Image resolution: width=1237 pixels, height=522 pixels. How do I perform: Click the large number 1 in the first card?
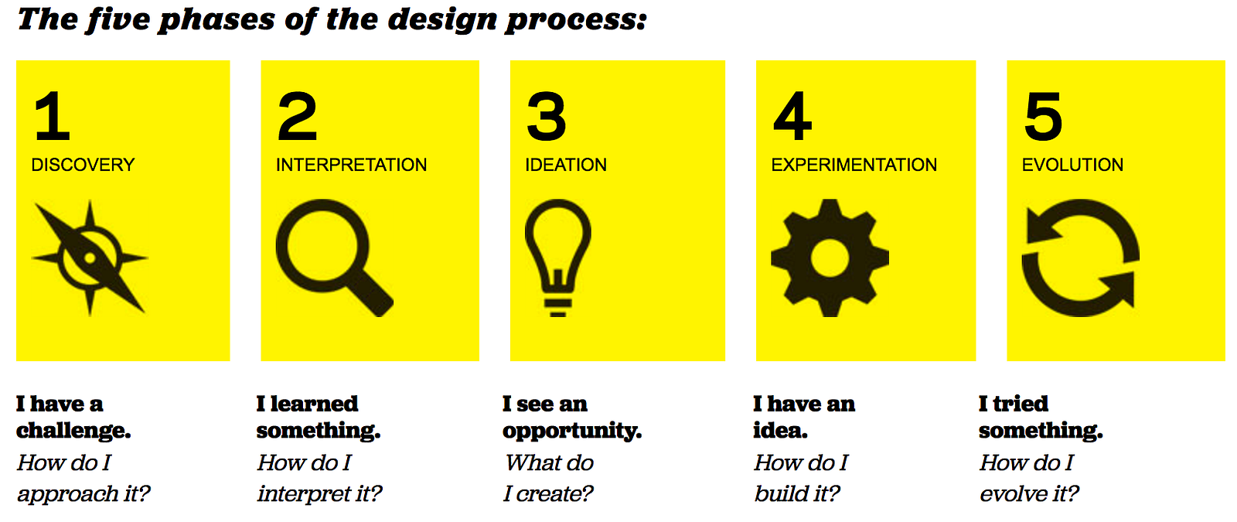[53, 116]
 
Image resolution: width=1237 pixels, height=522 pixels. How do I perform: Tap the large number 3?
[546, 116]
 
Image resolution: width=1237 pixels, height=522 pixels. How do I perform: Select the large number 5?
[1043, 116]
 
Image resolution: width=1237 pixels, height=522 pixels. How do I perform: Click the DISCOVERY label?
[83, 165]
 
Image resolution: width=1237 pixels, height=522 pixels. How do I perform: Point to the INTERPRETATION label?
[351, 165]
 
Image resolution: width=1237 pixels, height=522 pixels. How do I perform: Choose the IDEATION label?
[565, 165]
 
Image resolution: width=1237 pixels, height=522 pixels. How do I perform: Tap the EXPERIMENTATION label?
[854, 165]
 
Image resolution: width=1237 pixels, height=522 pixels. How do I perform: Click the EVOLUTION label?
[1072, 165]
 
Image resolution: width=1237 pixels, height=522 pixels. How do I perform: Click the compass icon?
[90, 258]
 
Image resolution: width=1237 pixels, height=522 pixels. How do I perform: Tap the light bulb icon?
[557, 258]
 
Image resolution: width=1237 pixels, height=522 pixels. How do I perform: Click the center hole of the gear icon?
[830, 258]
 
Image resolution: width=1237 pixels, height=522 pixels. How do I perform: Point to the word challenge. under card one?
[73, 431]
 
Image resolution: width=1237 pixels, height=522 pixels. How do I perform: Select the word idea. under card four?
[780, 431]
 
